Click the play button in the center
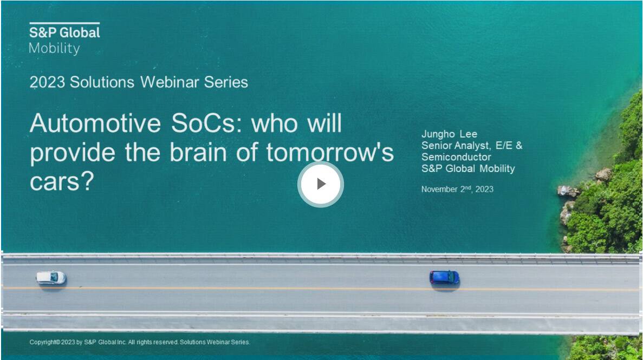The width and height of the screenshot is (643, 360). point(321,184)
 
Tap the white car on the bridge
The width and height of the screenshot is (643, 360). point(51,278)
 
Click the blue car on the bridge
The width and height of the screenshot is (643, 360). point(444,277)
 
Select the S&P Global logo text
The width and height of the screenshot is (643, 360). point(64,32)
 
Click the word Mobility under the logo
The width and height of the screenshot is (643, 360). point(54,48)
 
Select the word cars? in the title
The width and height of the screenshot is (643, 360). point(62,181)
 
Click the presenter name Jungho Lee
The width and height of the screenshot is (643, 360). point(450,134)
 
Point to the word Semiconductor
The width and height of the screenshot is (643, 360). point(456,157)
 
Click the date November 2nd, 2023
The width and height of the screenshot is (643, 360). point(457,189)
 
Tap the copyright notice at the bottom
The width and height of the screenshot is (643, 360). point(139,342)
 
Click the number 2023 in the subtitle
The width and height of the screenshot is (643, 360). point(47,82)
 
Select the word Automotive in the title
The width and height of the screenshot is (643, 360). point(95,122)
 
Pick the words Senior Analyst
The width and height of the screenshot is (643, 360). point(456,146)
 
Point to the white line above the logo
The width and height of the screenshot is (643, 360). point(64,23)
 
